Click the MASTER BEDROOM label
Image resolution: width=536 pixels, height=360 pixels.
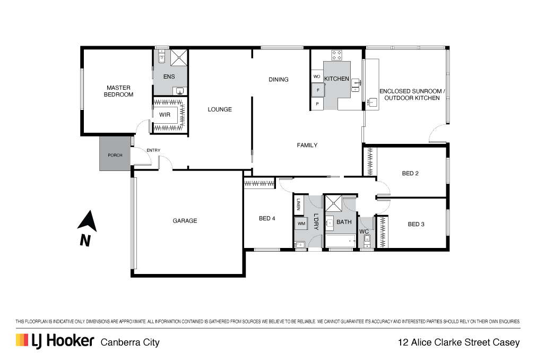(x=118, y=91)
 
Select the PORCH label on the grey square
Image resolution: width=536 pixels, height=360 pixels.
(x=115, y=155)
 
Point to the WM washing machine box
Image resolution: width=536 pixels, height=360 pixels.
(x=301, y=224)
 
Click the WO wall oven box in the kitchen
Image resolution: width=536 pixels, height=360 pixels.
(x=317, y=76)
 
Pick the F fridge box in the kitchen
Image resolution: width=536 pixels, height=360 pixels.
(x=318, y=90)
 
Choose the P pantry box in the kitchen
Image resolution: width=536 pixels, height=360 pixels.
(x=317, y=104)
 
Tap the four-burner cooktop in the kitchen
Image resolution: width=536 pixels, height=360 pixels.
(x=336, y=55)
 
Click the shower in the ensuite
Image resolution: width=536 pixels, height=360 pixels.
(x=179, y=57)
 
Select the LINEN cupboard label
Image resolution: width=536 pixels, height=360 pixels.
(x=298, y=204)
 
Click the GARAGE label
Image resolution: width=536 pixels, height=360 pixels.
(x=185, y=221)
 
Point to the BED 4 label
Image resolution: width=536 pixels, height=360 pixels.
(x=267, y=218)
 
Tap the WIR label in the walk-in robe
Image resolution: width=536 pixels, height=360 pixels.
(x=165, y=115)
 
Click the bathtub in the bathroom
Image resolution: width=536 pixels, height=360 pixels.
(x=341, y=241)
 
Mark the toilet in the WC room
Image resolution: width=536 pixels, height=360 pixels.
(x=367, y=242)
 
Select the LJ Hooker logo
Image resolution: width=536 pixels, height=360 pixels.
(x=55, y=341)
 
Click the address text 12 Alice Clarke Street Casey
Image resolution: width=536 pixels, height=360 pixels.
(x=459, y=342)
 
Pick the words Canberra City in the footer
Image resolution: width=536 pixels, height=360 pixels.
(x=130, y=342)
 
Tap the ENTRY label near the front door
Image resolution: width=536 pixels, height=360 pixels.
(x=153, y=150)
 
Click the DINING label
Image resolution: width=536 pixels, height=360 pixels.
(x=279, y=80)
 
